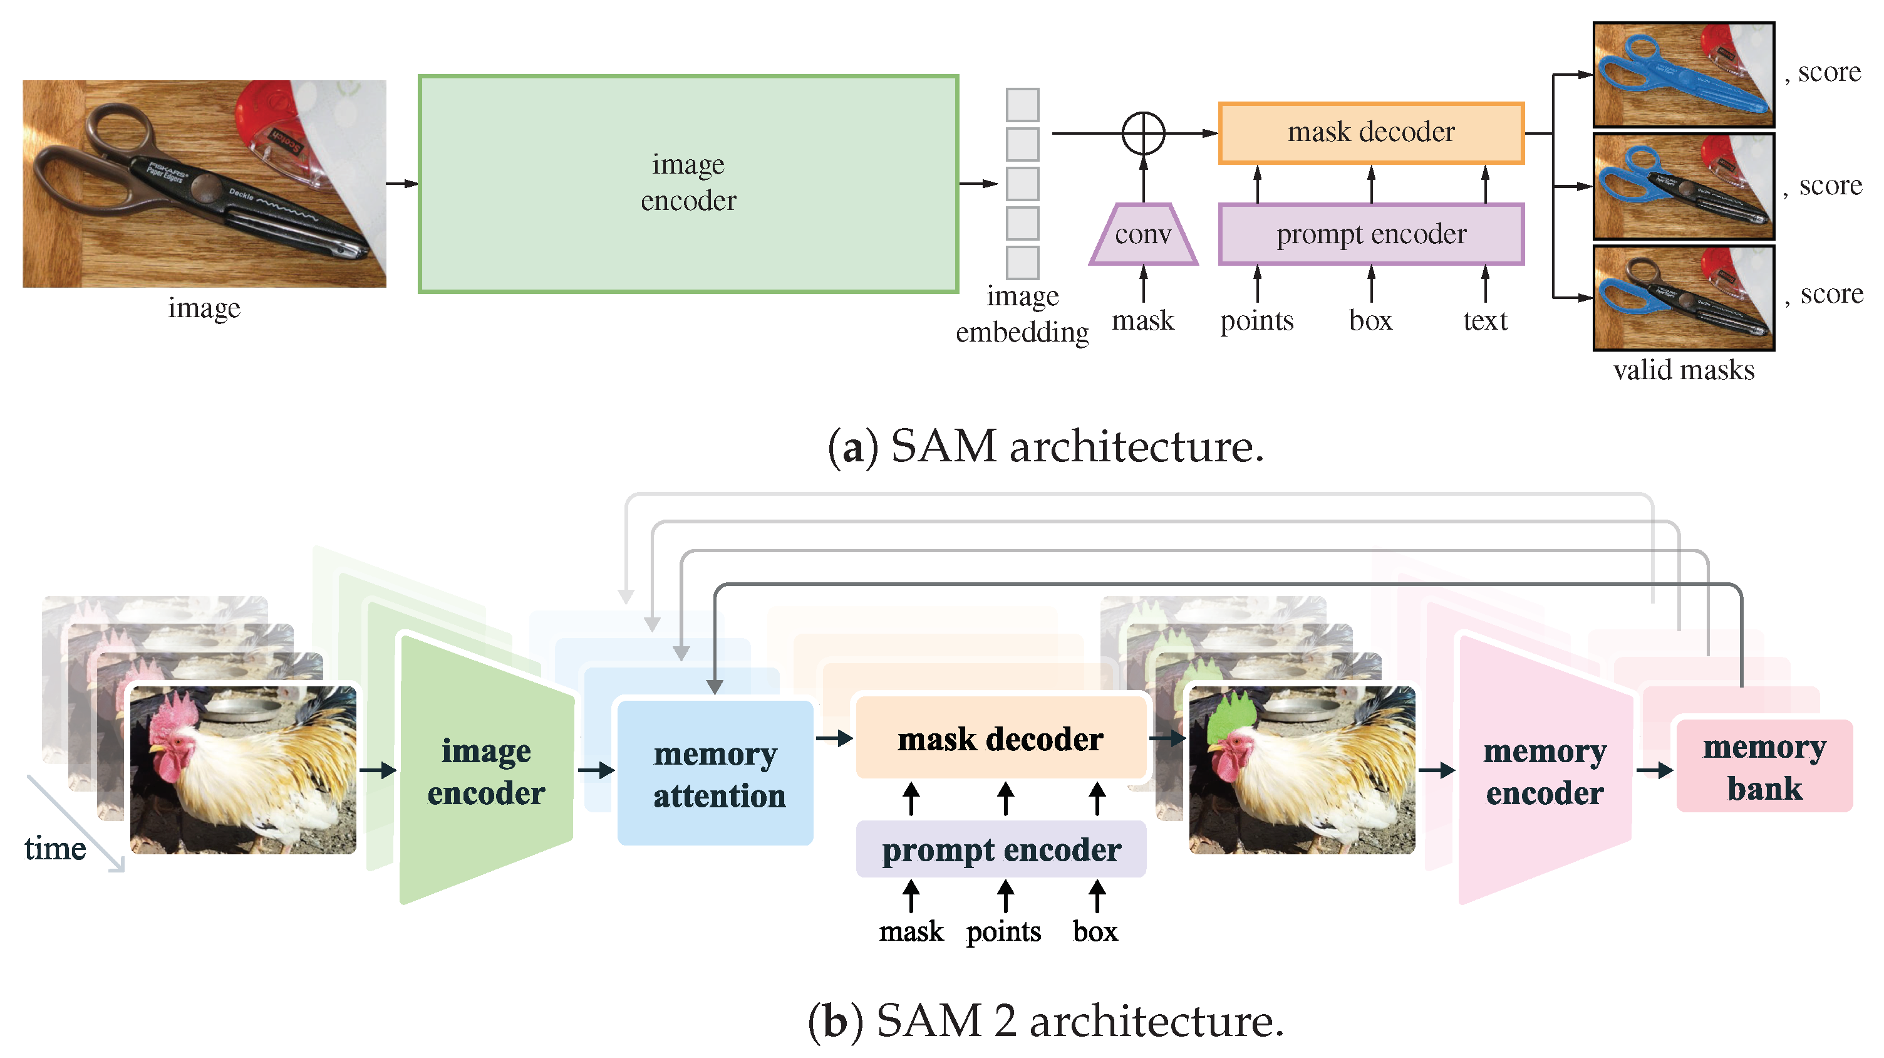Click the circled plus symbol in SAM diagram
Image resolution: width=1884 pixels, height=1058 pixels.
pos(1142,133)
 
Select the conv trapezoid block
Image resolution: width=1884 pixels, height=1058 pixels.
pos(1142,234)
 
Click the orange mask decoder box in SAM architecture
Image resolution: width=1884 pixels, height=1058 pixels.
pos(1370,133)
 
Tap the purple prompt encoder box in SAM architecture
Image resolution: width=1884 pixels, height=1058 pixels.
pos(1370,234)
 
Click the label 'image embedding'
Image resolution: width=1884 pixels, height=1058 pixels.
pos(1022,315)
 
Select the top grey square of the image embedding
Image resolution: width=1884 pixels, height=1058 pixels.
pos(1022,105)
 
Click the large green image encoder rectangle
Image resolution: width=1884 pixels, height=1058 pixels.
pos(688,183)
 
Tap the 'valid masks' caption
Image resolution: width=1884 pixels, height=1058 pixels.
pos(1683,370)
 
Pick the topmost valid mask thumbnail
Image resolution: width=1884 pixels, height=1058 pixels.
pos(1683,74)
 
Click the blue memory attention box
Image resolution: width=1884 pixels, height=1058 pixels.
pos(715,773)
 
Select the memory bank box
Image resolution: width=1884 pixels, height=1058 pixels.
pos(1763,767)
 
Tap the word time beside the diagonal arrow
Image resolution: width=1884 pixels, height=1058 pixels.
pos(55,849)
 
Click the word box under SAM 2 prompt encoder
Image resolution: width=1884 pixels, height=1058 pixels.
pos(1095,931)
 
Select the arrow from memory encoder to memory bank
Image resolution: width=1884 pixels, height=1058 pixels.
pos(1654,770)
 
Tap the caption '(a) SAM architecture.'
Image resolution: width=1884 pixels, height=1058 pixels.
pos(1045,446)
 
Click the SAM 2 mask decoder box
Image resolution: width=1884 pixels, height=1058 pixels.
pos(1000,738)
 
